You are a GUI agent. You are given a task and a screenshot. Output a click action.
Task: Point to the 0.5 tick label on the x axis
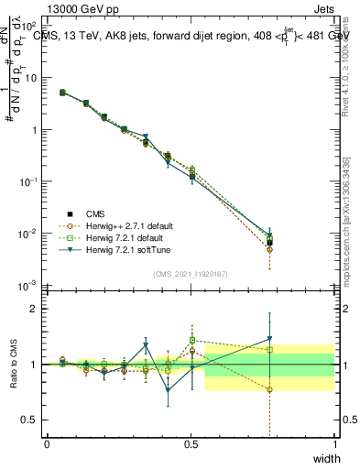191,444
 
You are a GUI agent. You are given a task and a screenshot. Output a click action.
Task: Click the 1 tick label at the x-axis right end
334,444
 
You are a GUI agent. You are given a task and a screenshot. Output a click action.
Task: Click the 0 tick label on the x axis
47,444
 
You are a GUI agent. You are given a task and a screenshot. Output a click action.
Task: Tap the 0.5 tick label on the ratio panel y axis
29,420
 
